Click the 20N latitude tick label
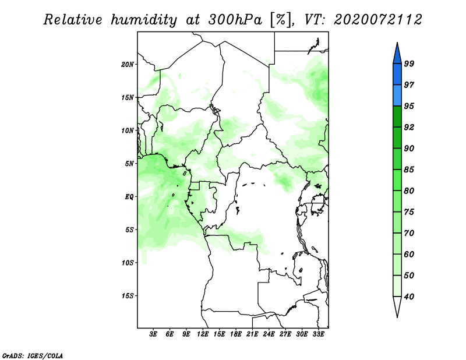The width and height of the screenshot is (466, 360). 128,64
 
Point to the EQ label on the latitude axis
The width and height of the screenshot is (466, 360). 129,196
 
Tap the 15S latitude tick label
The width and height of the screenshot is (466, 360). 128,296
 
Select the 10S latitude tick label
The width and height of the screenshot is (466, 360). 128,263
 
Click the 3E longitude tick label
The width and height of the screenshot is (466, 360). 153,334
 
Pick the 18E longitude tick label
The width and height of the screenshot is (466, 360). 236,334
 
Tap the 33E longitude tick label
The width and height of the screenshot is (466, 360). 318,334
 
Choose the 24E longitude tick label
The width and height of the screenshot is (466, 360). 269,334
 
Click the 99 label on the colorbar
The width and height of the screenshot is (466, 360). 409,63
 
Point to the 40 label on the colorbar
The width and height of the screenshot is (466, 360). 409,297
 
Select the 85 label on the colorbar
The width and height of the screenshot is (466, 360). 409,170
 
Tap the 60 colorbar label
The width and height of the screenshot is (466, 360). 409,254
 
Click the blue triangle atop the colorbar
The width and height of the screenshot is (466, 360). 397,55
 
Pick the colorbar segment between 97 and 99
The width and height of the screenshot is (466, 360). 397,75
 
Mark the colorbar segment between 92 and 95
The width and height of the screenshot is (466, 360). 397,117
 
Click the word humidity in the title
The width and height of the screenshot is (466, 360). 144,20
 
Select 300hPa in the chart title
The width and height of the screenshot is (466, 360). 235,20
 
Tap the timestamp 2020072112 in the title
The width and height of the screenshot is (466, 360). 377,20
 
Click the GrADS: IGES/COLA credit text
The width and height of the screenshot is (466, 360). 33,355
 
